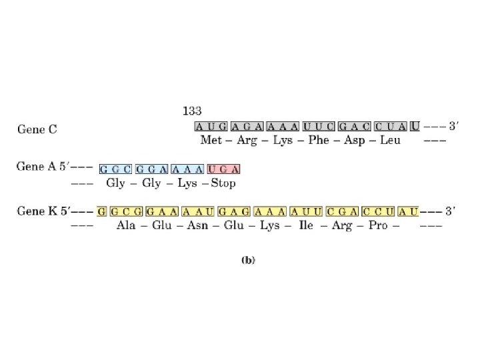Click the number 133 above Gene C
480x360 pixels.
[192, 111]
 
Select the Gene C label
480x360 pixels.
[37, 129]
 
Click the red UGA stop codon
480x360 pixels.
[223, 169]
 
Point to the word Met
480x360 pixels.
[212, 141]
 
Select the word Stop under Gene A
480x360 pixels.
[223, 183]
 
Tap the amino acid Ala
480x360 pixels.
[126, 226]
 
